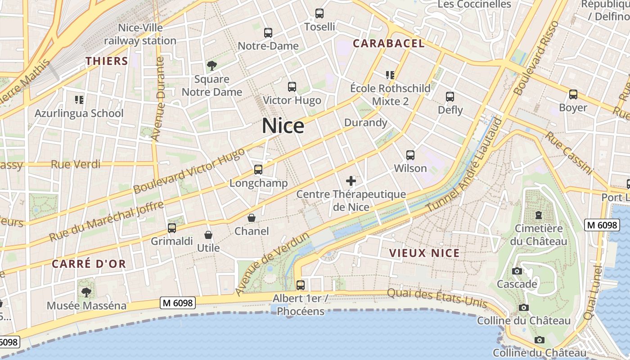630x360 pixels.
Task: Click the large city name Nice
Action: (283, 126)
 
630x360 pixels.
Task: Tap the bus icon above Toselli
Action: (319, 13)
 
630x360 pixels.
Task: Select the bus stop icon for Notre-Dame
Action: (268, 33)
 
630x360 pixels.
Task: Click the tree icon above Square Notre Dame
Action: (212, 66)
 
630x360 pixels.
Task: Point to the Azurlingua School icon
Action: (79, 99)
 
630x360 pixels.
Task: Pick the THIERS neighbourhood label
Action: (107, 61)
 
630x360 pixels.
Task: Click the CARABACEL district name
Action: (388, 43)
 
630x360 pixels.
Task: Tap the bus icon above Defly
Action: (450, 97)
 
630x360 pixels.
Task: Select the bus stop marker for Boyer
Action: (573, 94)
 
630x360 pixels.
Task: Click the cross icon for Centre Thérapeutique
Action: (351, 181)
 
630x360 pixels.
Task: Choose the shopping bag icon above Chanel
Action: (252, 218)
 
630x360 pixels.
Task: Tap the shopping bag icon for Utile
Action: (208, 235)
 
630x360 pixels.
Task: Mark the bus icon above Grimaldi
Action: (172, 228)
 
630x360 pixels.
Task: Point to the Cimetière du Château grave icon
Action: (539, 215)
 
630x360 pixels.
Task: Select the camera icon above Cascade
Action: (517, 271)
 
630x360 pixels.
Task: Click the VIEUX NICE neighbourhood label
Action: (424, 253)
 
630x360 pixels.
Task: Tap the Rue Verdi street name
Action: (76, 164)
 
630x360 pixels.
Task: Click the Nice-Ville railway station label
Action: (140, 34)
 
